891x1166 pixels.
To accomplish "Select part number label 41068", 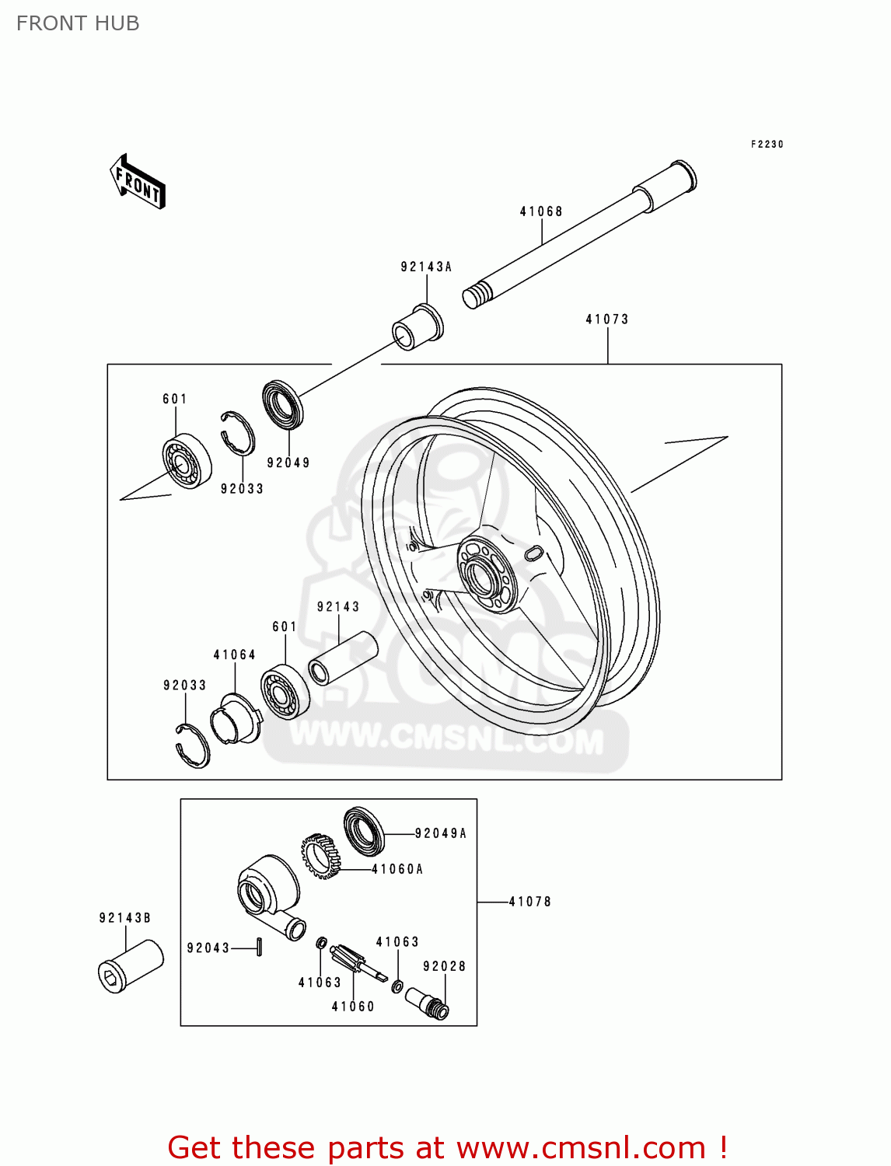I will point(541,211).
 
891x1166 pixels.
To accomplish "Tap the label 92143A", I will point(426,267).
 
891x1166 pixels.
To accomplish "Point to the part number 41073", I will point(607,319).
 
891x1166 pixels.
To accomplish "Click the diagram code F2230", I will point(767,145).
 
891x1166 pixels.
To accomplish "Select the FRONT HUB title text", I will point(78,23).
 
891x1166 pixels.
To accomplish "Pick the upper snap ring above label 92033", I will point(237,432).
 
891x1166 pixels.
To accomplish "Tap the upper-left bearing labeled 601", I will point(187,460).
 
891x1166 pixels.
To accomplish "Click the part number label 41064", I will point(235,655).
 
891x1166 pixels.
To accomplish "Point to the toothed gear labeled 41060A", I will point(321,855).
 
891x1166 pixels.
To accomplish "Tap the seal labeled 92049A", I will point(364,831).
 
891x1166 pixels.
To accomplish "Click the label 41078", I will point(530,902).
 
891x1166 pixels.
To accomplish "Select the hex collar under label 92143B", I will point(131,966).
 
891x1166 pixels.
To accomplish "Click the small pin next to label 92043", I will point(260,947).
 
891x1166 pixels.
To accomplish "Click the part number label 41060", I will point(353,1007).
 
